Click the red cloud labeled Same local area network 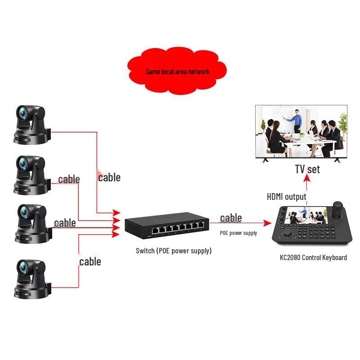point(177,71)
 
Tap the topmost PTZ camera point(32,125)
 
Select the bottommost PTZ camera point(32,279)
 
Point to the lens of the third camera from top point(24,211)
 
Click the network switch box point(167,225)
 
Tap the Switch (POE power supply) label point(174,251)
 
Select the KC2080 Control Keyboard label point(313,257)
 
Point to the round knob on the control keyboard point(287,234)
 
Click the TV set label point(307,169)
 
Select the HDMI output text point(286,197)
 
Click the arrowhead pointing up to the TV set point(307,178)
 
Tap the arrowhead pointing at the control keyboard point(267,223)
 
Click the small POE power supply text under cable point(238,233)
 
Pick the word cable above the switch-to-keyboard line point(231,218)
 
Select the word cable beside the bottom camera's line point(90,261)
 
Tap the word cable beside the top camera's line point(109,177)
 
